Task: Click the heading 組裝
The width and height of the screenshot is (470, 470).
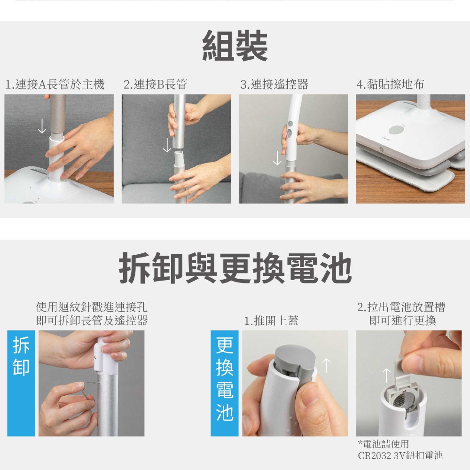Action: pos(235,46)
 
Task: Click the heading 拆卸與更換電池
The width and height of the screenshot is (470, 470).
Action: pos(235,268)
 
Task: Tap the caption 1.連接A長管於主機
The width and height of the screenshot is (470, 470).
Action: pos(55,84)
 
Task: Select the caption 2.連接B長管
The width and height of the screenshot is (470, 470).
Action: pos(155,84)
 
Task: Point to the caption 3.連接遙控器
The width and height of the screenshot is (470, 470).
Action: pos(274,84)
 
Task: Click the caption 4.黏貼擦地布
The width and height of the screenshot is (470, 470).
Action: pos(390,84)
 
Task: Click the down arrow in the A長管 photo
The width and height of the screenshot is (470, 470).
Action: pos(42,126)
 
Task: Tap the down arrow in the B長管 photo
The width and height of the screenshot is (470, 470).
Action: pos(167,145)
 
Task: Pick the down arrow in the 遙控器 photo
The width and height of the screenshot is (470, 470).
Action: pos(277,157)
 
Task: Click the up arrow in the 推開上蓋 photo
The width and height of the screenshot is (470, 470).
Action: pos(327,366)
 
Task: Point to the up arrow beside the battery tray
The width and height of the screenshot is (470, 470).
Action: pos(387,376)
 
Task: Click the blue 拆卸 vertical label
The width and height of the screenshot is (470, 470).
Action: pos(21,383)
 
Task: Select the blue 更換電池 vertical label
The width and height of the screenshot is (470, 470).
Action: pos(225,383)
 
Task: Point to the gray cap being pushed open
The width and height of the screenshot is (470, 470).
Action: pos(295,360)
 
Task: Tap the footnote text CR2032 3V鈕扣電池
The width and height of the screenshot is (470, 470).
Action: pos(400,455)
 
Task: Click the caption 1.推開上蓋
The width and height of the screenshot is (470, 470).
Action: pos(271,321)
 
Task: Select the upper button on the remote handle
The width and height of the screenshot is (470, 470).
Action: pos(290,124)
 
